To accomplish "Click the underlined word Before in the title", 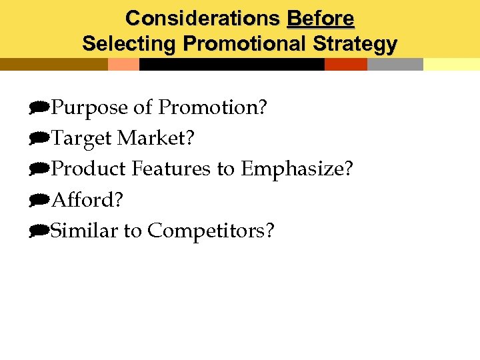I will point(320,18).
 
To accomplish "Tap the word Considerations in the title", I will point(203,18).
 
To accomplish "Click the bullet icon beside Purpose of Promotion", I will point(39,107).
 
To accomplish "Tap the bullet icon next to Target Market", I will point(39,138).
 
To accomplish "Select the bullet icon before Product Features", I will point(39,169).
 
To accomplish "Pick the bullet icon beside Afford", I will point(39,199).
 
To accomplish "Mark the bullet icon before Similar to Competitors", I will point(39,231).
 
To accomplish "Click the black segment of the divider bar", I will point(231,64).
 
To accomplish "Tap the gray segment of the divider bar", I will point(395,64).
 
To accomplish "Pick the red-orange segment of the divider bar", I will point(345,64).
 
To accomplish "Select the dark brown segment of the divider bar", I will point(53,64).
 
